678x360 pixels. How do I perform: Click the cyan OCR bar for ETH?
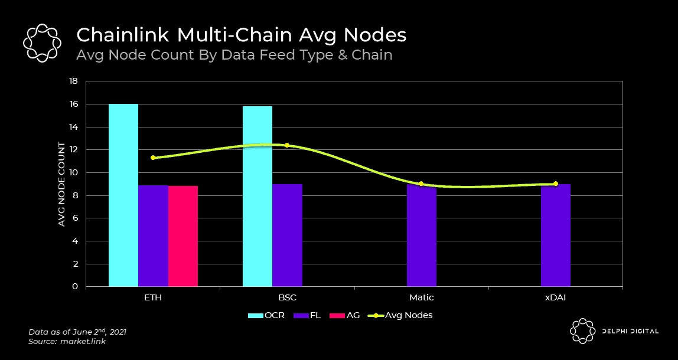(x=123, y=195)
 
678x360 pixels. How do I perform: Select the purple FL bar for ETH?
(x=153, y=236)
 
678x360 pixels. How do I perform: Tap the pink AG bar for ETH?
(x=183, y=236)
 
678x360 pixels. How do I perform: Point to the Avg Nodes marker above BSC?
(x=287, y=145)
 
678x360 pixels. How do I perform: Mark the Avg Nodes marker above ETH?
(x=153, y=158)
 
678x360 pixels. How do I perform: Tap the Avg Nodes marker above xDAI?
(x=555, y=184)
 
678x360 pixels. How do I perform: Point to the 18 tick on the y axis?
(x=74, y=81)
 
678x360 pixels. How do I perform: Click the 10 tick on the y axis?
(x=74, y=173)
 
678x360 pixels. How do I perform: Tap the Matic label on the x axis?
(x=421, y=297)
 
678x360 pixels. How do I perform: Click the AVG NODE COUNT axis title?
(x=61, y=184)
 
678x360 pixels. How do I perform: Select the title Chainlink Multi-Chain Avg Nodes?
(x=242, y=35)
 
